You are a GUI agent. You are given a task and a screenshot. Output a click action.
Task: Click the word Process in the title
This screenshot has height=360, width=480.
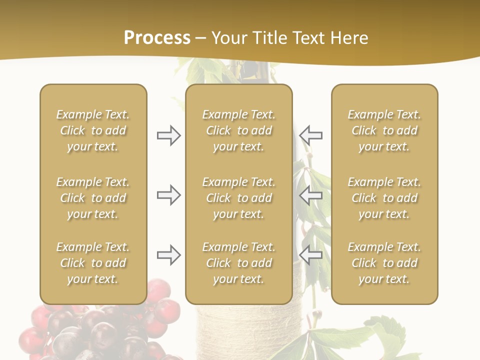click(157, 38)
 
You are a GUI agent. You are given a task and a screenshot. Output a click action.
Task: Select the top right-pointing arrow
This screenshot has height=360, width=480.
click(168, 135)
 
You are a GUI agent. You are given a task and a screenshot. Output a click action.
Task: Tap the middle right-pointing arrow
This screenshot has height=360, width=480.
click(168, 195)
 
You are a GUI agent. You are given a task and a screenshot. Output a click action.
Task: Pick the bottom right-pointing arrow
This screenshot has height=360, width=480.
click(168, 255)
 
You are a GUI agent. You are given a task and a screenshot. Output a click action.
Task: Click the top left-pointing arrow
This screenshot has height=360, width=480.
click(311, 135)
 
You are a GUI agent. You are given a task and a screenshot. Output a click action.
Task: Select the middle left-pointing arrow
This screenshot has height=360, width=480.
click(311, 195)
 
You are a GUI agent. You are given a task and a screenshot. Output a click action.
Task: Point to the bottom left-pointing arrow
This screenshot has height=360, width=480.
click(311, 255)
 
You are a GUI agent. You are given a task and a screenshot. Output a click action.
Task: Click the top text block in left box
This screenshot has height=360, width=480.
click(93, 130)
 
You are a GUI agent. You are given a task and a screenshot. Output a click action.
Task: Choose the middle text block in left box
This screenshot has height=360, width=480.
click(93, 198)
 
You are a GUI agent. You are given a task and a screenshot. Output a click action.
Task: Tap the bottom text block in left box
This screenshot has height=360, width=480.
click(93, 263)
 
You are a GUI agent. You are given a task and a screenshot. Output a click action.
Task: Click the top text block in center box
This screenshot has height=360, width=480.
click(239, 130)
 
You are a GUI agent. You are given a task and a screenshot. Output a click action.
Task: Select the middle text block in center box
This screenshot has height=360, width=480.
click(239, 198)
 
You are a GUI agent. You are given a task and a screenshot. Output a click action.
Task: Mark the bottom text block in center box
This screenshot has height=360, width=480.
click(239, 263)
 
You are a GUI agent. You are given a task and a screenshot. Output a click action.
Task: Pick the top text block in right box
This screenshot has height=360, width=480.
click(384, 130)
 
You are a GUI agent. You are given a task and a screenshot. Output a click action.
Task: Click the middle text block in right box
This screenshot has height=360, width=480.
click(384, 198)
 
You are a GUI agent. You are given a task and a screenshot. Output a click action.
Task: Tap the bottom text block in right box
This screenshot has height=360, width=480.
click(384, 263)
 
